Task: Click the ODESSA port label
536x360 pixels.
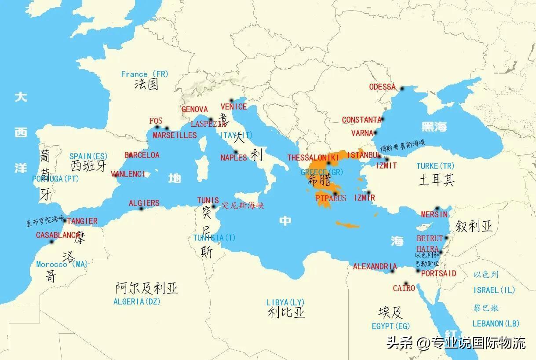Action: (382, 87)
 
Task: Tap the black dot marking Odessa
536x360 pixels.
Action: (402, 89)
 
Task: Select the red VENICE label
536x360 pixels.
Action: (233, 107)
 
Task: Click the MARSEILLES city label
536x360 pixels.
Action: (175, 135)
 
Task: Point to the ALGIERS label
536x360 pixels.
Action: (144, 203)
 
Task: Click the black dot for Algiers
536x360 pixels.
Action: (142, 209)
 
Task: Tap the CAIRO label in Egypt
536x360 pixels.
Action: (404, 288)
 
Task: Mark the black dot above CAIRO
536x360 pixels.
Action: (406, 283)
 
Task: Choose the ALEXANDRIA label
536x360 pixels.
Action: (375, 266)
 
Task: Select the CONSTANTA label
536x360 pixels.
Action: (361, 120)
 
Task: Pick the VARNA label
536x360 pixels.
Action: (362, 133)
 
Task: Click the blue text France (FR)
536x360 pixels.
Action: (145, 74)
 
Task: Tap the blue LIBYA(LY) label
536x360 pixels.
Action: (285, 302)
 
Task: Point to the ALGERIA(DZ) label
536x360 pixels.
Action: (137, 301)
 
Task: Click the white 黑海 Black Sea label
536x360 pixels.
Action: (434, 127)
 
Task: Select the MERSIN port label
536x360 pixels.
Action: (434, 215)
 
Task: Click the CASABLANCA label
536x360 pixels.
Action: (58, 235)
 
